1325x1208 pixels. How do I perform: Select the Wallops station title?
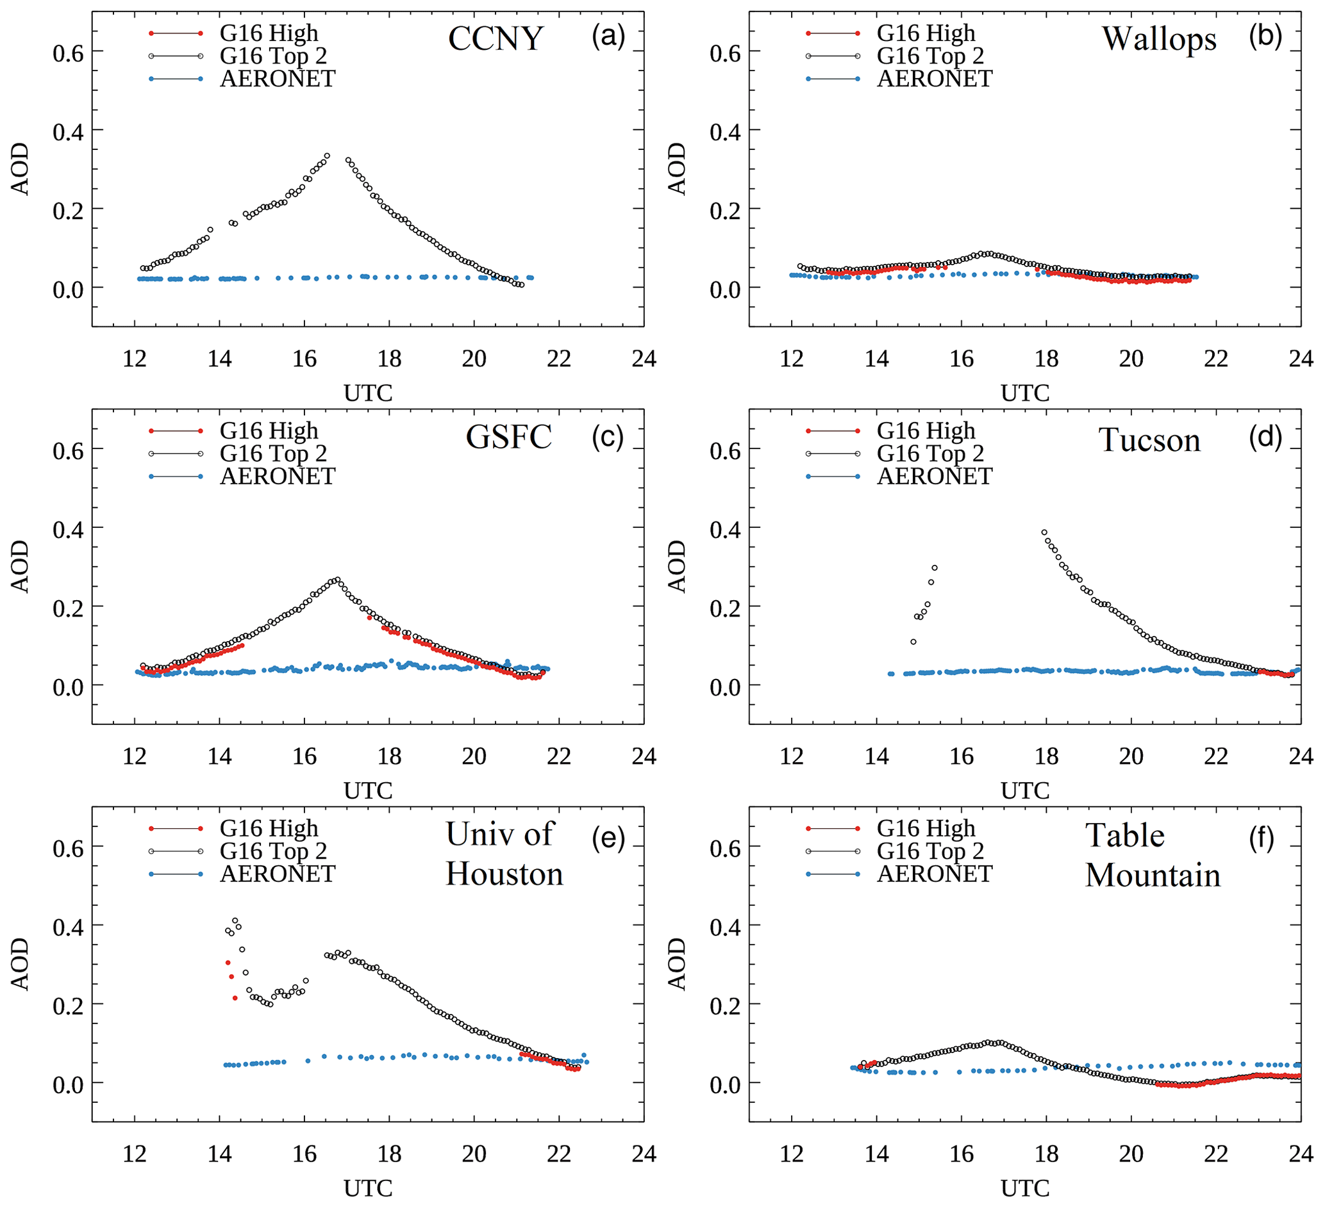(x=1159, y=39)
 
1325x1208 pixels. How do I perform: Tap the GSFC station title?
(x=508, y=437)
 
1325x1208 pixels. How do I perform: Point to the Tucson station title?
(x=1149, y=439)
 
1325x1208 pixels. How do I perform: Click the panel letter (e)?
(x=608, y=839)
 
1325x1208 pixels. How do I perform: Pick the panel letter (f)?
(x=1262, y=839)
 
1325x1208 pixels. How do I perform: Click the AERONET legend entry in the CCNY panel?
(x=278, y=79)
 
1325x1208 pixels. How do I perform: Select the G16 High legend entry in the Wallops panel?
(x=926, y=33)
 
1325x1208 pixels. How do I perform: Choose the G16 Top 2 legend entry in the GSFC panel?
(x=272, y=453)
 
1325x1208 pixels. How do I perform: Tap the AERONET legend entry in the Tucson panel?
(x=934, y=477)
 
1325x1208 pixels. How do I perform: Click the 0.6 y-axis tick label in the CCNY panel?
(x=69, y=53)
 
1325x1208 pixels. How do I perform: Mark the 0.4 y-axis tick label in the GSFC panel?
(x=69, y=530)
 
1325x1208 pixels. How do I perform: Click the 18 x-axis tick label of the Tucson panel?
(x=1046, y=756)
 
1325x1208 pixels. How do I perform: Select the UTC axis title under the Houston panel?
(x=368, y=1188)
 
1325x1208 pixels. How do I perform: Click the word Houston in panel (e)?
(x=504, y=874)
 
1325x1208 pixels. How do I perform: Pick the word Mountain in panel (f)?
(x=1152, y=876)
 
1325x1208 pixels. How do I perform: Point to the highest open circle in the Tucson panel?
(x=1044, y=533)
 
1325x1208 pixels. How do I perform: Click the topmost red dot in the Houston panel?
(x=228, y=963)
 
